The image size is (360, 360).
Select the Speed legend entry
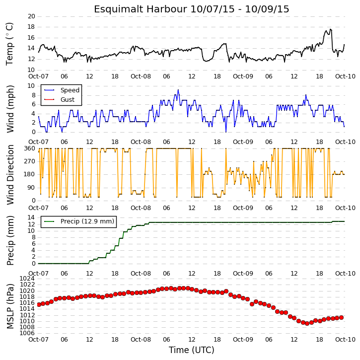[x=62, y=90]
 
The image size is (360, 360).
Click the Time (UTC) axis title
[x=192, y=350]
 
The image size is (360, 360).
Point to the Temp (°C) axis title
[x=9, y=44]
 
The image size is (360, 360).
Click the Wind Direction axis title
[x=10, y=175]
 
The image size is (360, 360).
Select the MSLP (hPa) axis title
[x=10, y=306]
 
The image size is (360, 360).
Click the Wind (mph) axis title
[x=10, y=109]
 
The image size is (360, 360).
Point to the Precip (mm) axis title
[x=10, y=240]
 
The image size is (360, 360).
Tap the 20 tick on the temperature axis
[x=31, y=16]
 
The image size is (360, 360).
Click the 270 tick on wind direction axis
[x=30, y=161]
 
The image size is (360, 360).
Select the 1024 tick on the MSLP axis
[x=27, y=279]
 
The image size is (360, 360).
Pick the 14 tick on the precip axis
[x=31, y=217]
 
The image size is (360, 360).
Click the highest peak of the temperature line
[x=330, y=29]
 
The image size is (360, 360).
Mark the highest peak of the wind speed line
[x=178, y=90]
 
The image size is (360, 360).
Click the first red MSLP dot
[x=39, y=304]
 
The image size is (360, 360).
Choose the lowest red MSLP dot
[x=307, y=323]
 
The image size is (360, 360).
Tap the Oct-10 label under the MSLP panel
[x=345, y=339]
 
